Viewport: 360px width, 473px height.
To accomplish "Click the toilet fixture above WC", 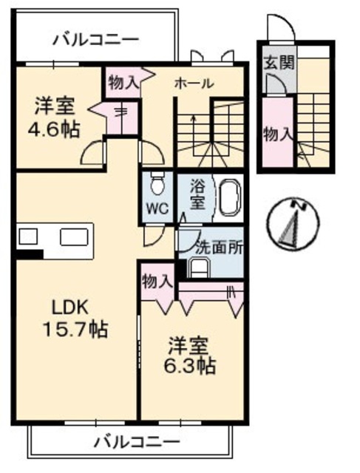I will point(156,181).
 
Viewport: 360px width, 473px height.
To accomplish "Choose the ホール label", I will point(194,84).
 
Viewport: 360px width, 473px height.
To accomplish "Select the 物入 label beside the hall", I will point(122,82).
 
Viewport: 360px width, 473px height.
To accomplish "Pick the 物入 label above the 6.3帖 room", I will point(157,281).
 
